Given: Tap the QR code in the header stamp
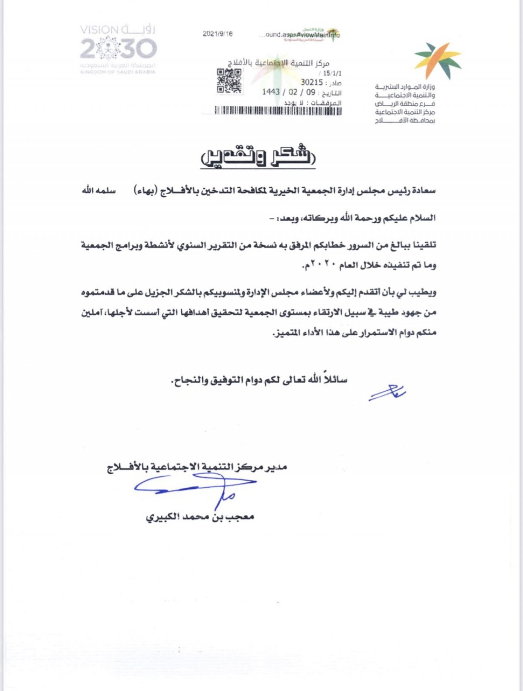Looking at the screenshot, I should [229, 81].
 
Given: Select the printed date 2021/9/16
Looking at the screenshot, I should [218, 34].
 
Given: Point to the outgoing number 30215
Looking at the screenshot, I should [312, 82].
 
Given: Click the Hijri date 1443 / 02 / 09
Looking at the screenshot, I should [289, 92].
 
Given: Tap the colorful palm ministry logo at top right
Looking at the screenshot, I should [438, 60].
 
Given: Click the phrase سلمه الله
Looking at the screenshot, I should [99, 191].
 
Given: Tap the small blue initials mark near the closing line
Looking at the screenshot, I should [387, 392].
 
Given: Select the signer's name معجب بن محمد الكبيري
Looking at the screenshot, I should [200, 517].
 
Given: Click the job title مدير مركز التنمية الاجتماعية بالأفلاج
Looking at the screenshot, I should [197, 467].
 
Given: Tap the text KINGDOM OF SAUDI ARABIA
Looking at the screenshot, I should [118, 72].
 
